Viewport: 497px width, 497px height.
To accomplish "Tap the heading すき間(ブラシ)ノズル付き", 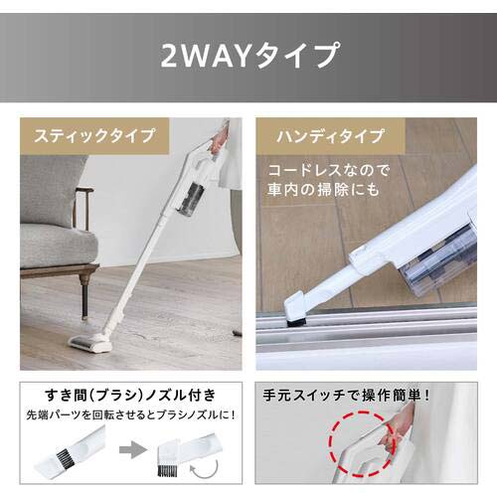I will (x=119, y=392).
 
